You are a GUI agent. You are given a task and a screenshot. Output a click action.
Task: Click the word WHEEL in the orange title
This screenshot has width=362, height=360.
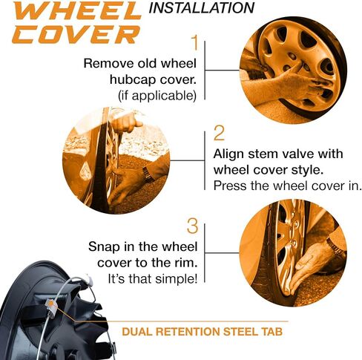click(70, 11)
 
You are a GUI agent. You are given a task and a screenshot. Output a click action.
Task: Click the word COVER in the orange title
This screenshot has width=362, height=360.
click(69, 34)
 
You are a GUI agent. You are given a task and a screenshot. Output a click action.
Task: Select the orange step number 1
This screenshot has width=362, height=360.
click(195, 42)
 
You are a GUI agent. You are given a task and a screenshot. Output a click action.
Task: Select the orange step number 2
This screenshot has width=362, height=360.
click(218, 134)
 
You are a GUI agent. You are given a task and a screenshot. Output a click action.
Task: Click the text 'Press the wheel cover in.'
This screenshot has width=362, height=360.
click(277, 186)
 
